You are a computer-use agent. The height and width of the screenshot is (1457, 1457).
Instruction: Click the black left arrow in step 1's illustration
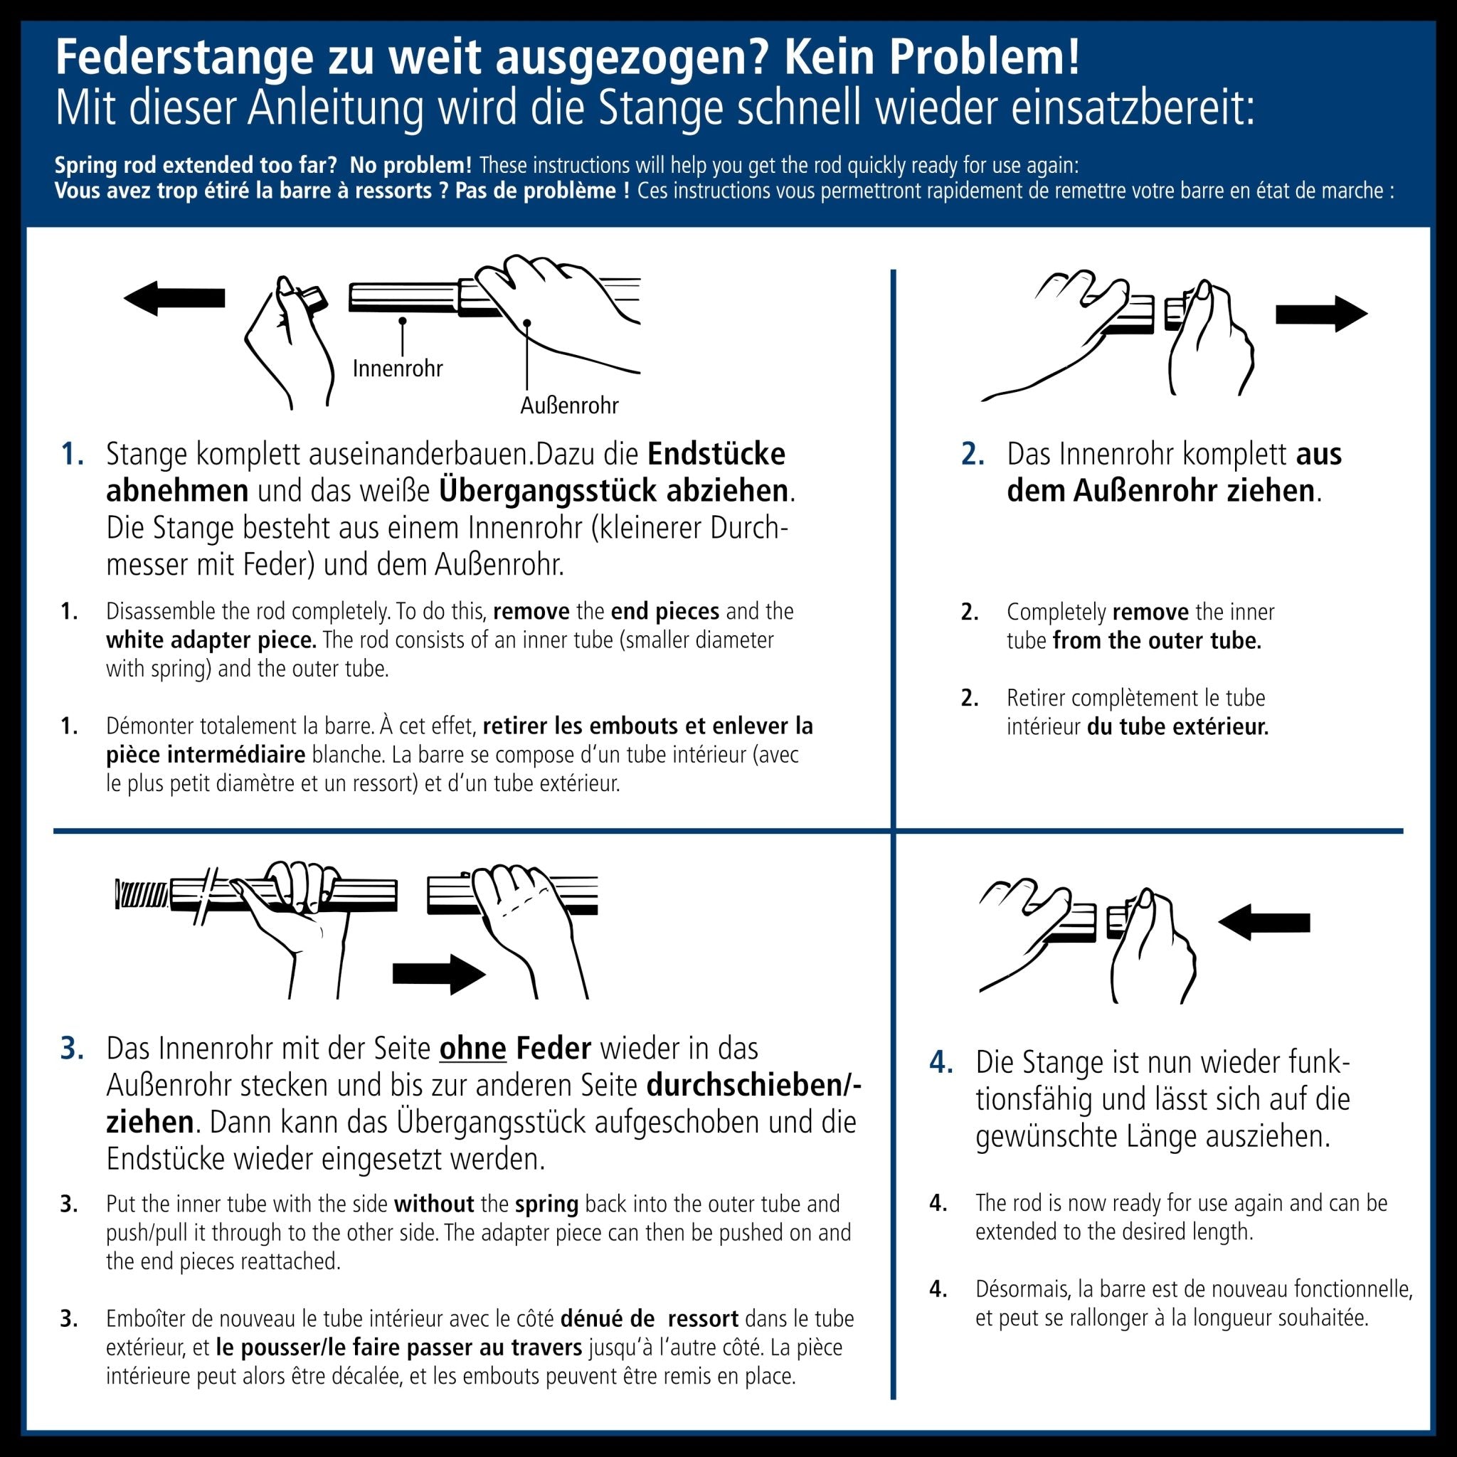[x=175, y=298]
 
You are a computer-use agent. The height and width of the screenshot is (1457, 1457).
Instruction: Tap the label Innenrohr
[x=398, y=369]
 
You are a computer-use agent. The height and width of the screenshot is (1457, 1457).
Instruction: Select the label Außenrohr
[x=569, y=406]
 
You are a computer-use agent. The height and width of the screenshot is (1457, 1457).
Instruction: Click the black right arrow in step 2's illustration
[x=1320, y=314]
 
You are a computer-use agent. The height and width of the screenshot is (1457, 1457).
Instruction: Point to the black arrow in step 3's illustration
[x=439, y=975]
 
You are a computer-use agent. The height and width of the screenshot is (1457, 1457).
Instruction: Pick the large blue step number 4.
[x=941, y=1063]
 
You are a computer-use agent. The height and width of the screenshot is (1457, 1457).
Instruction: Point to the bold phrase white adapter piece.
[x=211, y=640]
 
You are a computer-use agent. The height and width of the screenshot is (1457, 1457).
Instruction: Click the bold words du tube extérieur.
[x=1177, y=727]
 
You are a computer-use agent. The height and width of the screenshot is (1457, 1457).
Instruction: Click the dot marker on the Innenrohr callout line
[x=403, y=322]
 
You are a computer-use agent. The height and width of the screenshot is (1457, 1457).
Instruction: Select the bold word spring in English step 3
[x=547, y=1204]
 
